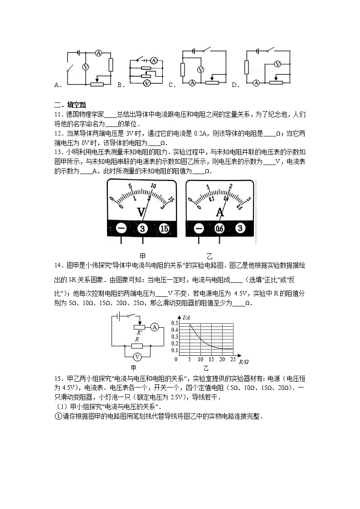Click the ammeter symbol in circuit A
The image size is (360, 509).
tap(98, 53)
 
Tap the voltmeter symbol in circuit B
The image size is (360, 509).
tap(146, 84)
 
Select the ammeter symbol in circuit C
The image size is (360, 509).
tap(192, 82)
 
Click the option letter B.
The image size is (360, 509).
tap(120, 85)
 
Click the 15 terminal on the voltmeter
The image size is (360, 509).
tap(164, 229)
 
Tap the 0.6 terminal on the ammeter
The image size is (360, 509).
tap(220, 229)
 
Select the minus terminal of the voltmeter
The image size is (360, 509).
tap(121, 229)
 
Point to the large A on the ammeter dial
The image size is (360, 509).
tap(220, 212)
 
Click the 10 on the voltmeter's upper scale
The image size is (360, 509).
tap(153, 186)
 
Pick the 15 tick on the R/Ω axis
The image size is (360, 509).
tap(211, 359)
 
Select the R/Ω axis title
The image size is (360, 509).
tap(243, 361)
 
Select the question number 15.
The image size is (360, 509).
tap(58, 378)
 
